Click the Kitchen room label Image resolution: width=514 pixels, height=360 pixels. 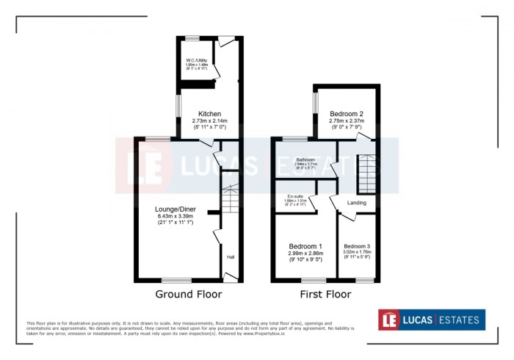[209, 114]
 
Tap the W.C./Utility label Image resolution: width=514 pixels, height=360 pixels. [196, 60]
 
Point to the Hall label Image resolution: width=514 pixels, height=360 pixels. [231, 257]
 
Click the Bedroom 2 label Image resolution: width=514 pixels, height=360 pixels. [347, 114]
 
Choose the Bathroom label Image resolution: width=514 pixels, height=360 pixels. [305, 159]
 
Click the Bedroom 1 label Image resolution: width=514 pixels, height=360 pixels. [305, 245]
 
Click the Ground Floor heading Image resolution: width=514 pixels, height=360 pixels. [188, 295]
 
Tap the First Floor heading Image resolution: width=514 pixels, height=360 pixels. [325, 295]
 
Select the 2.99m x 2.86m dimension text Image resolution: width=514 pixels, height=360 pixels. [305, 253]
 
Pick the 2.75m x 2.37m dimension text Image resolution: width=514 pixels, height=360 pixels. [347, 121]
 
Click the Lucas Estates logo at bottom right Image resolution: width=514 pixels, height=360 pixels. [432, 320]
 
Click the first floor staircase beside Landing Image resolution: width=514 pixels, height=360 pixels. [366, 173]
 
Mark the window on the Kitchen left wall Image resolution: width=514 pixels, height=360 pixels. [177, 104]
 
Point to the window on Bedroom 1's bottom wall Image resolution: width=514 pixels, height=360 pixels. [314, 280]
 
